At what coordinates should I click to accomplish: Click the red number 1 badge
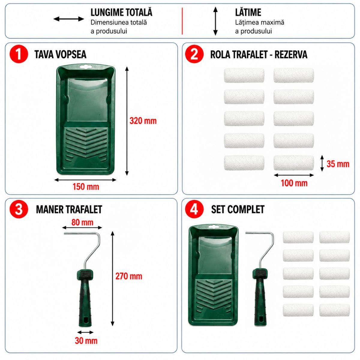coord(19,54)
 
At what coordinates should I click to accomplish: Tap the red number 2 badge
coord(194,54)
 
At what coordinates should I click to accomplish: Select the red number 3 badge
coord(19,209)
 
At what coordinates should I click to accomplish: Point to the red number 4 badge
coord(194,209)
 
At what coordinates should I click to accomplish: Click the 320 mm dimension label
coord(143,121)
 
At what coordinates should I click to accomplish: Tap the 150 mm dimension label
coord(86,187)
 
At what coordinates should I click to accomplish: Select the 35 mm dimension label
coord(338,164)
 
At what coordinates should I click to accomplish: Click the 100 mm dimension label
coord(294,183)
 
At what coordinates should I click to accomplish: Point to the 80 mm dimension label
coord(82,222)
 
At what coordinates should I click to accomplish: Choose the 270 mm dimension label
coord(129,276)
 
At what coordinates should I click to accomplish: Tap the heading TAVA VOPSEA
coord(60,55)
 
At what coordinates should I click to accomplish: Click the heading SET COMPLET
coord(238,209)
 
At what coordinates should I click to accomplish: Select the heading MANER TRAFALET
coord(69,209)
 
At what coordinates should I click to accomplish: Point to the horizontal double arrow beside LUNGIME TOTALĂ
coord(69,19)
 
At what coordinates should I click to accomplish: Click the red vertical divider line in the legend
coord(182,21)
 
